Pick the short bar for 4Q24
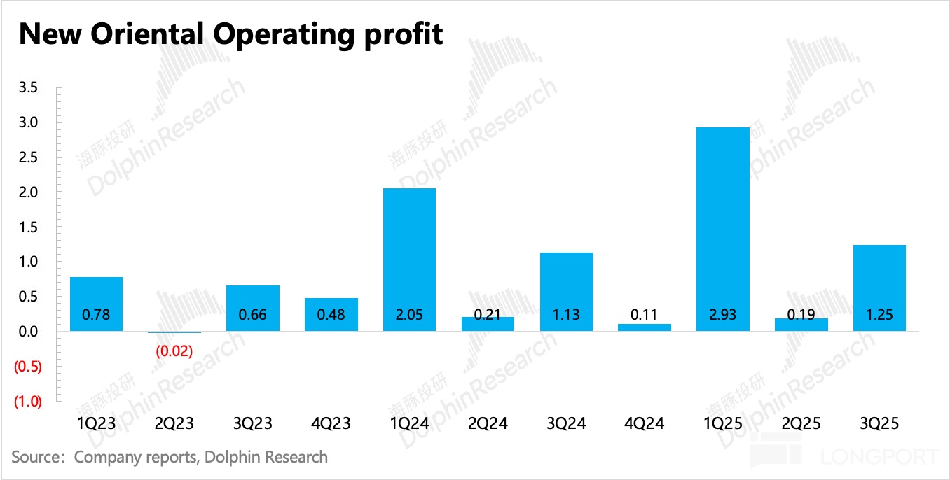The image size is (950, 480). [645, 327]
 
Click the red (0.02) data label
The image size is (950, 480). [174, 351]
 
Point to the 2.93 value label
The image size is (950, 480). [722, 315]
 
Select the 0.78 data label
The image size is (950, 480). [96, 315]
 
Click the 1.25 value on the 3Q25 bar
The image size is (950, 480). [879, 315]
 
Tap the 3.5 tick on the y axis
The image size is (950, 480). [29, 88]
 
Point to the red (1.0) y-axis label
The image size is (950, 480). [28, 402]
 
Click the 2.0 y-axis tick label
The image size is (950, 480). [29, 192]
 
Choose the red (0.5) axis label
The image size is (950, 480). [28, 367]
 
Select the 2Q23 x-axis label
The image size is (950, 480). [174, 423]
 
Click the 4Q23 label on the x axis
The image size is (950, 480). [331, 423]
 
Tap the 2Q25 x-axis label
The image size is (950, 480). [801, 423]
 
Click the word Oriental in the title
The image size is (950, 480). [147, 33]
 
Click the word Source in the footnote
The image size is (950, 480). [38, 458]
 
